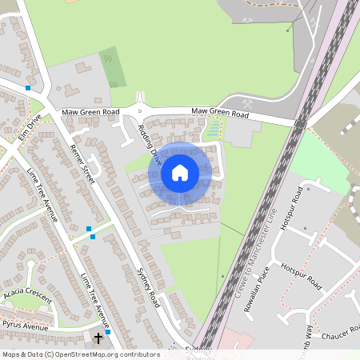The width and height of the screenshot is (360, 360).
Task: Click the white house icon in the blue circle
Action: [180, 172]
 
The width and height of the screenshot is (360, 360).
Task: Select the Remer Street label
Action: [82, 165]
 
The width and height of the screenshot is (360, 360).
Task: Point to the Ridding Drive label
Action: [149, 143]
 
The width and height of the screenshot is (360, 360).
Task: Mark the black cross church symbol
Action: [98, 338]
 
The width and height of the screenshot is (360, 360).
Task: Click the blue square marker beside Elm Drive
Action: [28, 88]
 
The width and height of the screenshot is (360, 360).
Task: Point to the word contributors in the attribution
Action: [138, 354]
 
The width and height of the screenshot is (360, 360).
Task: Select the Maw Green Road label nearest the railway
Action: [220, 114]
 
